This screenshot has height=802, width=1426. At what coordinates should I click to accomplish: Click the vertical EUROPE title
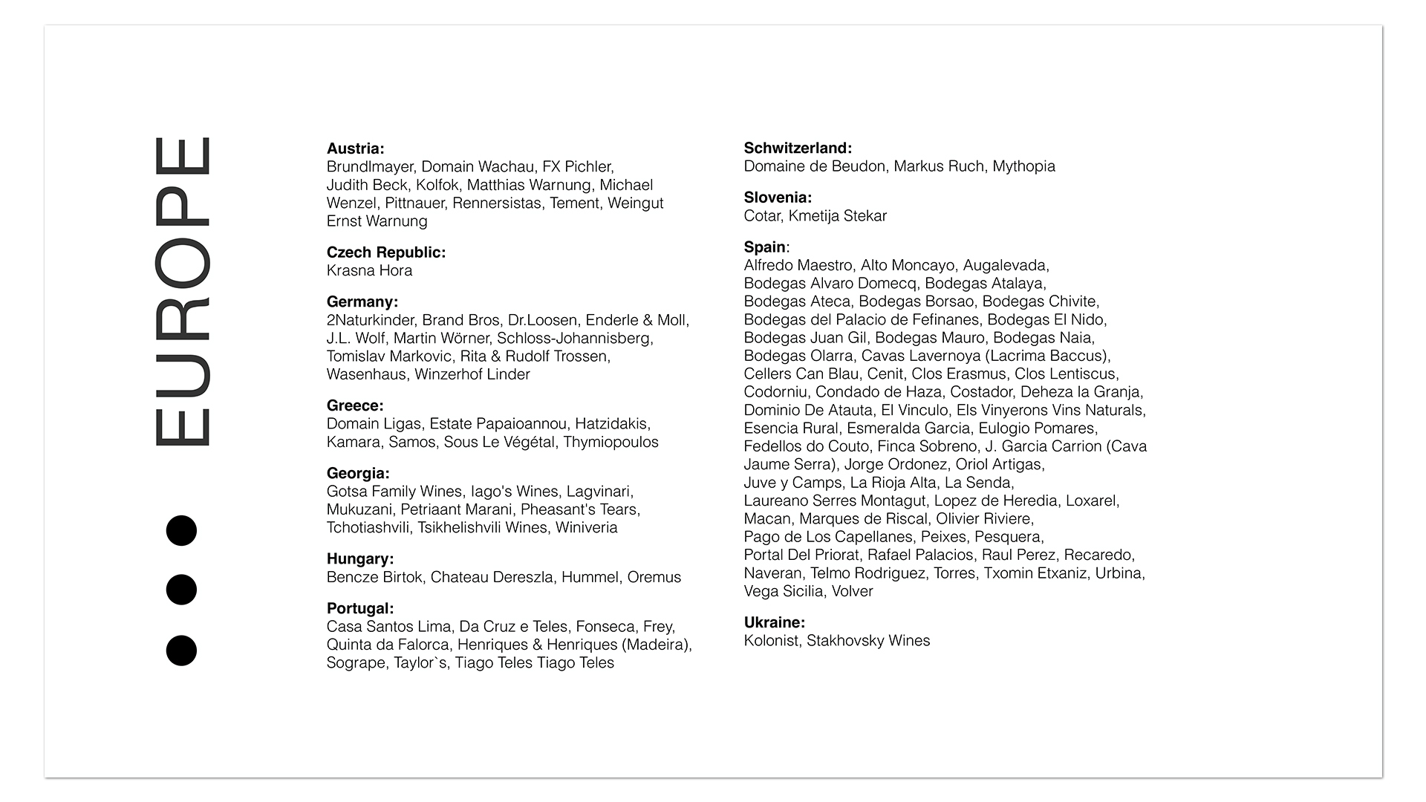pos(182,292)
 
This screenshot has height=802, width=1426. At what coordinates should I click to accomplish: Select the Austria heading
pos(355,149)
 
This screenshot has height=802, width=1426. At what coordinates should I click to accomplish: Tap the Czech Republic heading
pos(385,252)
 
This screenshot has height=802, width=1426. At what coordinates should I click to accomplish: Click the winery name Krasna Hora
pos(369,271)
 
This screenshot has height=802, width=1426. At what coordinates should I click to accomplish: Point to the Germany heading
pos(362,302)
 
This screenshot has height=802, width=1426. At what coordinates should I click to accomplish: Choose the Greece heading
pos(355,406)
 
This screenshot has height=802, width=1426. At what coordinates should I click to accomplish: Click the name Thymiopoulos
pos(611,443)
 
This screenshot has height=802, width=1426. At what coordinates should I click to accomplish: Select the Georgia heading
pos(358,474)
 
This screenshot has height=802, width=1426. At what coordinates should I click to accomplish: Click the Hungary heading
pos(360,559)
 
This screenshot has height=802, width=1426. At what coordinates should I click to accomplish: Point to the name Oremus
pos(654,578)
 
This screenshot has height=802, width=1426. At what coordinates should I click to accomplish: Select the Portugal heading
pos(360,609)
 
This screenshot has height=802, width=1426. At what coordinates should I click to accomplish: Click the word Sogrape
pos(356,663)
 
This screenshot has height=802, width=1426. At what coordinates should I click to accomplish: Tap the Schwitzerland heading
pos(798,149)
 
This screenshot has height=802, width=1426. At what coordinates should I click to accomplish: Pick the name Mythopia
pos(1023,166)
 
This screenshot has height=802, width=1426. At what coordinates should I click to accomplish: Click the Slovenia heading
pos(778,198)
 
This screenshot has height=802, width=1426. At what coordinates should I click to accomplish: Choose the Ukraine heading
pos(774,623)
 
